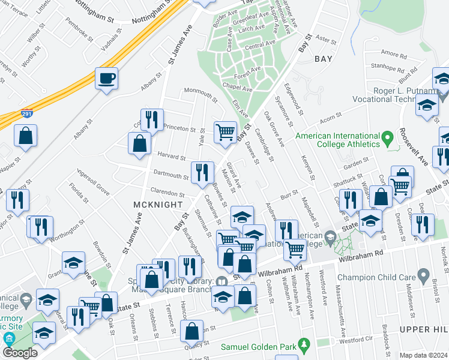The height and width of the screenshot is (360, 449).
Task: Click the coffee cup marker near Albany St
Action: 106,79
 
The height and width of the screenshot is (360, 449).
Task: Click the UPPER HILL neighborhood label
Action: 423,329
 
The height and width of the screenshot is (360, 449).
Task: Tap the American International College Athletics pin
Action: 388,139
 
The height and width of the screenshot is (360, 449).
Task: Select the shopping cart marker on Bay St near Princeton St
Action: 225,131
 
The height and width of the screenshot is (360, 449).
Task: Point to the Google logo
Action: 20,353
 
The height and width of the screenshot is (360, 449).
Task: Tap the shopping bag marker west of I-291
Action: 26,136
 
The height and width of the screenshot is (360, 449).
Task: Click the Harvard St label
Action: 170,155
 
